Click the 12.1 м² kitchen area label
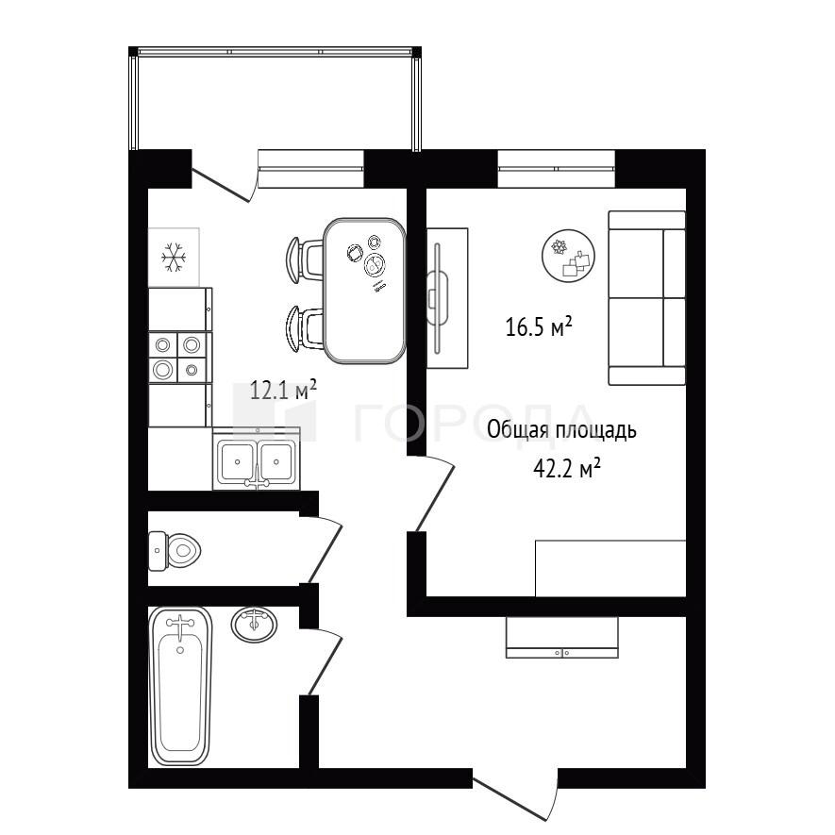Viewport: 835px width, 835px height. (283, 391)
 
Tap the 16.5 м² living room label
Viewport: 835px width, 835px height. (539, 326)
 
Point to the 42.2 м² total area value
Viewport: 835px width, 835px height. (567, 469)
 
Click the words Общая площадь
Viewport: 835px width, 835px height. (561, 429)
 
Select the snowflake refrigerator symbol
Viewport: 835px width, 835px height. (174, 258)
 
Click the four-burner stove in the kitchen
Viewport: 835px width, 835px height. (180, 358)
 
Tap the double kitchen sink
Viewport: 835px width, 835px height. (256, 459)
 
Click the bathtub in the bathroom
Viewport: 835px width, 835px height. (180, 686)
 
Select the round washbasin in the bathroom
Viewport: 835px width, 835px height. (254, 625)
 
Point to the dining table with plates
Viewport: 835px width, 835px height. (365, 291)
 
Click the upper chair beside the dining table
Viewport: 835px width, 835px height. (305, 259)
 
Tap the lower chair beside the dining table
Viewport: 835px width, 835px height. (305, 328)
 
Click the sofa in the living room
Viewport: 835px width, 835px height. (647, 298)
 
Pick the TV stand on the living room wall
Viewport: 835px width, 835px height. (447, 298)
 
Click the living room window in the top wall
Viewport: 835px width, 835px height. (556, 168)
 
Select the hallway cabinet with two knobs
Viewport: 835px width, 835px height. (561, 638)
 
